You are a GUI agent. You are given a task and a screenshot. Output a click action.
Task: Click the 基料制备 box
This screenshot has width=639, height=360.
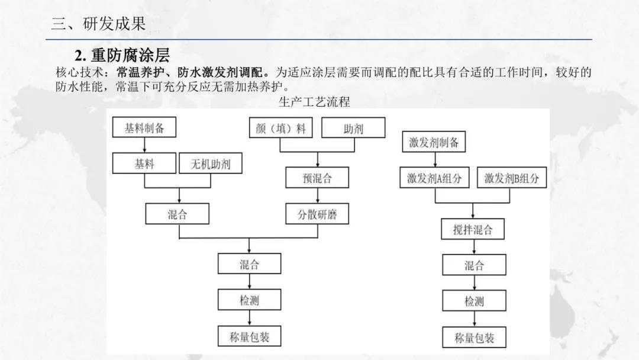click(x=144, y=127)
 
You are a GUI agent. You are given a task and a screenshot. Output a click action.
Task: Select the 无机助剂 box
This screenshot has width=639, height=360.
click(x=211, y=163)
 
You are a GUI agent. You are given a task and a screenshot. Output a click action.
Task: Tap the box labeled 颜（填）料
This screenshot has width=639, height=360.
click(x=281, y=128)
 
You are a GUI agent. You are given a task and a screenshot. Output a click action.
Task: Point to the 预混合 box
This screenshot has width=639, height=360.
click(x=317, y=178)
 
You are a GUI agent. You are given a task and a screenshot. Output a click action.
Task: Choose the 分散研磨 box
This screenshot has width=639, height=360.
click(x=317, y=214)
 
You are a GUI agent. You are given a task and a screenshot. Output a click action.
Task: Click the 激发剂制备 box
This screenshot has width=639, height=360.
click(x=434, y=142)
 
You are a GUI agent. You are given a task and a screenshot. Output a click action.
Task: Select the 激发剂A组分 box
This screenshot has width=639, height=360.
click(x=434, y=178)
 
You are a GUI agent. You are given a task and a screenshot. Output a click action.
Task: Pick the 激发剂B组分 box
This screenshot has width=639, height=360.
click(x=512, y=178)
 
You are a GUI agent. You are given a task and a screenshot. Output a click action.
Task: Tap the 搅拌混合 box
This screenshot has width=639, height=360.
click(x=473, y=229)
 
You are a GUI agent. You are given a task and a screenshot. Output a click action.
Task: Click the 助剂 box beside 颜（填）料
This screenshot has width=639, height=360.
click(x=353, y=128)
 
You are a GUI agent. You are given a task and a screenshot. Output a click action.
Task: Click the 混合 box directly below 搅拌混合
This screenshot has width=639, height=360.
click(x=475, y=265)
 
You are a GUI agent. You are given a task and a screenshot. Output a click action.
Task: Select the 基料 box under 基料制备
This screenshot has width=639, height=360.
click(x=144, y=163)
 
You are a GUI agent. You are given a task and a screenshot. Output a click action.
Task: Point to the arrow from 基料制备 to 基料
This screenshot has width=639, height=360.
click(x=144, y=145)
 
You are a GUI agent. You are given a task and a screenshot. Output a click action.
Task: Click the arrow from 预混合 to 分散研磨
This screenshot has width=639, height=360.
click(x=318, y=195)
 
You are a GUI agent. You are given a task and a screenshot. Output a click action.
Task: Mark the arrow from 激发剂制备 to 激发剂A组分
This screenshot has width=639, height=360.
click(x=434, y=160)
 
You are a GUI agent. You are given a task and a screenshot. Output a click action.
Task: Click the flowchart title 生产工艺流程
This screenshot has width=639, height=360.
click(x=314, y=101)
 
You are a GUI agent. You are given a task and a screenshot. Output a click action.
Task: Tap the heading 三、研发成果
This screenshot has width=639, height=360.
click(x=98, y=23)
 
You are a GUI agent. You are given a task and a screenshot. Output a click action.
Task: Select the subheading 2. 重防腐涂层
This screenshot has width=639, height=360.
click(x=122, y=55)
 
